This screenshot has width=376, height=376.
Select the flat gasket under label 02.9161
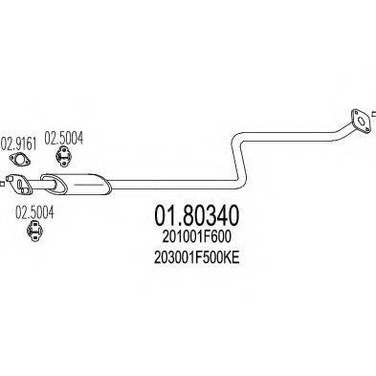click(x=17, y=178)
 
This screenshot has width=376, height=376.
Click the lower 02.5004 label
click(x=33, y=212)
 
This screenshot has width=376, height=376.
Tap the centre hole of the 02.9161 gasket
click(x=17, y=178)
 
